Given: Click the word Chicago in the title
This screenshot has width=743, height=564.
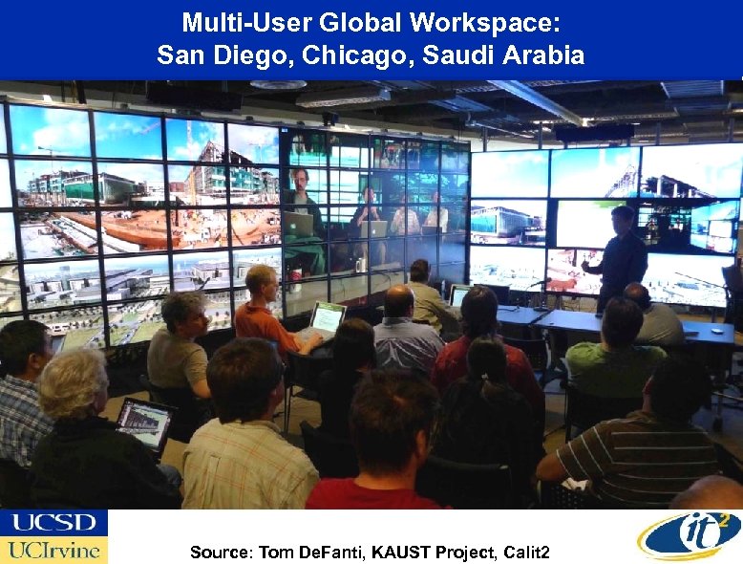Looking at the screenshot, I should point(349,55).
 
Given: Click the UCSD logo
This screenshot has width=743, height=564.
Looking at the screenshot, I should point(53,523).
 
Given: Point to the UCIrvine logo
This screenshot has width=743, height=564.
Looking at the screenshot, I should point(53,550).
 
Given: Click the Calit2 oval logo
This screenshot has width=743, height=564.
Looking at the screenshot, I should point(689,535).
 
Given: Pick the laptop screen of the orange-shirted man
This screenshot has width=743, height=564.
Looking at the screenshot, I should point(327,317).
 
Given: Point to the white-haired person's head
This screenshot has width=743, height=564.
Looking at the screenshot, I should point(74,381).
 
